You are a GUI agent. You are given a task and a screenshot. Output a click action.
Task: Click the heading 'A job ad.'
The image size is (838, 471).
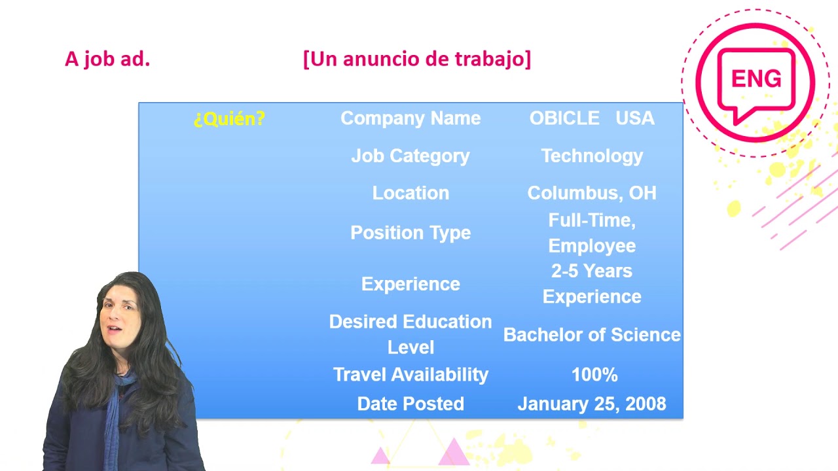[x=107, y=60]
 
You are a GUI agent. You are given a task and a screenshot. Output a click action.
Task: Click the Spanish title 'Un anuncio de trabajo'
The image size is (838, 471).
[x=417, y=60]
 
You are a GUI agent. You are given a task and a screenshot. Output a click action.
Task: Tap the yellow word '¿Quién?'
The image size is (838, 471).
[x=229, y=118]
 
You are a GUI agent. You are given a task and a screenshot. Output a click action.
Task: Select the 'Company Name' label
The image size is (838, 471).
[x=410, y=118]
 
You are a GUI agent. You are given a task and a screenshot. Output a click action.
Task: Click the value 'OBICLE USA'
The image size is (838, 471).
[x=591, y=118]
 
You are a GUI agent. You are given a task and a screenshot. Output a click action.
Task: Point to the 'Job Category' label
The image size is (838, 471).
[x=410, y=156]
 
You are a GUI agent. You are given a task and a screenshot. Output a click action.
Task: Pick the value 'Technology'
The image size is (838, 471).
[x=592, y=156]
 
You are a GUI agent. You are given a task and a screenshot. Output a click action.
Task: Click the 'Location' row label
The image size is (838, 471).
[x=410, y=193]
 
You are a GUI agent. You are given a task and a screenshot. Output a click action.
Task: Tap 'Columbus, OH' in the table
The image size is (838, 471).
[x=592, y=193]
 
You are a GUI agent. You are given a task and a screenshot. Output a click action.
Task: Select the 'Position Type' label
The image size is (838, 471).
[x=410, y=233]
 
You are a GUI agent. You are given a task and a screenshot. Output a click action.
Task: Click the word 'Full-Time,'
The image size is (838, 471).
[x=592, y=220]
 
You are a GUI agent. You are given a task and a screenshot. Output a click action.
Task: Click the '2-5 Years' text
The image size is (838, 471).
[x=592, y=271]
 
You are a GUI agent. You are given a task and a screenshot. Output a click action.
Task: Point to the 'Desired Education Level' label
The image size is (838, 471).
[x=410, y=334]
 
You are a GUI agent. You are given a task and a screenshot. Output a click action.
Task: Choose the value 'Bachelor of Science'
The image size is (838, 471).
[x=592, y=335]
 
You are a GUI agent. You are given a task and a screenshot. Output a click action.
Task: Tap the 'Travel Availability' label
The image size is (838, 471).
[x=410, y=375]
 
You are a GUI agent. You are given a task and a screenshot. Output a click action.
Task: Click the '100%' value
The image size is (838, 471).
[x=594, y=375]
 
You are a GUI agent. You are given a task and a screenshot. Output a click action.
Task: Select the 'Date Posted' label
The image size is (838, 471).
[x=410, y=404]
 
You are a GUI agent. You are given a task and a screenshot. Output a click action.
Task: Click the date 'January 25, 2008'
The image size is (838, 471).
[x=592, y=404]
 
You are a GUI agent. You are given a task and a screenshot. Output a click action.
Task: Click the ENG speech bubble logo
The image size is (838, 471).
[x=756, y=82]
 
